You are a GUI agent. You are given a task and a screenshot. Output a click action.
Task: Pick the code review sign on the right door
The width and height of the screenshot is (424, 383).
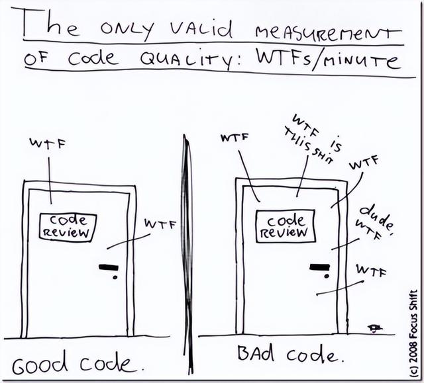click(287, 225)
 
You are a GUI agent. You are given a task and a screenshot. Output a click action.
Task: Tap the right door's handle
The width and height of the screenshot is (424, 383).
click(320, 267)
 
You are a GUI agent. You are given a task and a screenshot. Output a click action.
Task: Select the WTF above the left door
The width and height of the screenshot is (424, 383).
click(47, 142)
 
